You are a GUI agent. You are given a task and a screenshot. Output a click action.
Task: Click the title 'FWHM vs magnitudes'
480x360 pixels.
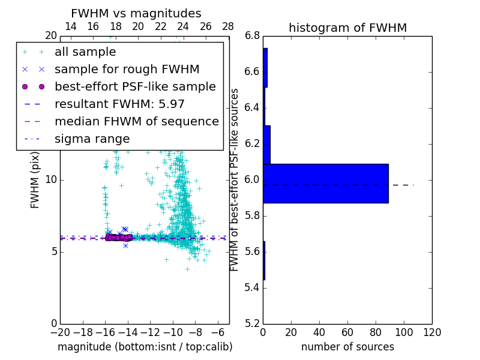coord(136,14)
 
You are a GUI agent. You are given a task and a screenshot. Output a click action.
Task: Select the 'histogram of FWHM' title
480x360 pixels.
coord(347,28)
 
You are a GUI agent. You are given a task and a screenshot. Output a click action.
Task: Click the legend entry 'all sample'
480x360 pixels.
coord(85,52)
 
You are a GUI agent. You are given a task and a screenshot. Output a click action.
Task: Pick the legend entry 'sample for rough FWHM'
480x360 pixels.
coord(127,70)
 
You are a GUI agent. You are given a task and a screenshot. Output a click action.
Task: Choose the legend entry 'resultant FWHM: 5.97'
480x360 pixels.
coord(119,104)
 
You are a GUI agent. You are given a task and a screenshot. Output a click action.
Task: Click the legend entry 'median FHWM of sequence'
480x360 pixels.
coord(136,121)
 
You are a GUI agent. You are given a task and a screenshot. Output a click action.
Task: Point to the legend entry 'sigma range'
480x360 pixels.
coord(92,139)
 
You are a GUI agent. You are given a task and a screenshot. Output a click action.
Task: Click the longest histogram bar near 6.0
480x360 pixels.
coord(326,183)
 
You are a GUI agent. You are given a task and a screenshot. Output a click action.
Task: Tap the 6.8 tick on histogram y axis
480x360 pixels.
coord(252,36)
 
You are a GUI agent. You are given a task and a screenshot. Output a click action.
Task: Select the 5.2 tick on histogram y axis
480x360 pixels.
coord(252,323)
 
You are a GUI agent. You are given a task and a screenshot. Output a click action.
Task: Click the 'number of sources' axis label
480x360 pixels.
coord(347,347)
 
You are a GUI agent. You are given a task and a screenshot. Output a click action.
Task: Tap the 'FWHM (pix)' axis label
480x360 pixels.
coord(35,179)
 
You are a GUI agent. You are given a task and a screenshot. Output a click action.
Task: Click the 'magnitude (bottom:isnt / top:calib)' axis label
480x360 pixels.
coord(145,347)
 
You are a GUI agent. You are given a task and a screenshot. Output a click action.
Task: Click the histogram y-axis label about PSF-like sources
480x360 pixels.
coord(235,179)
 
